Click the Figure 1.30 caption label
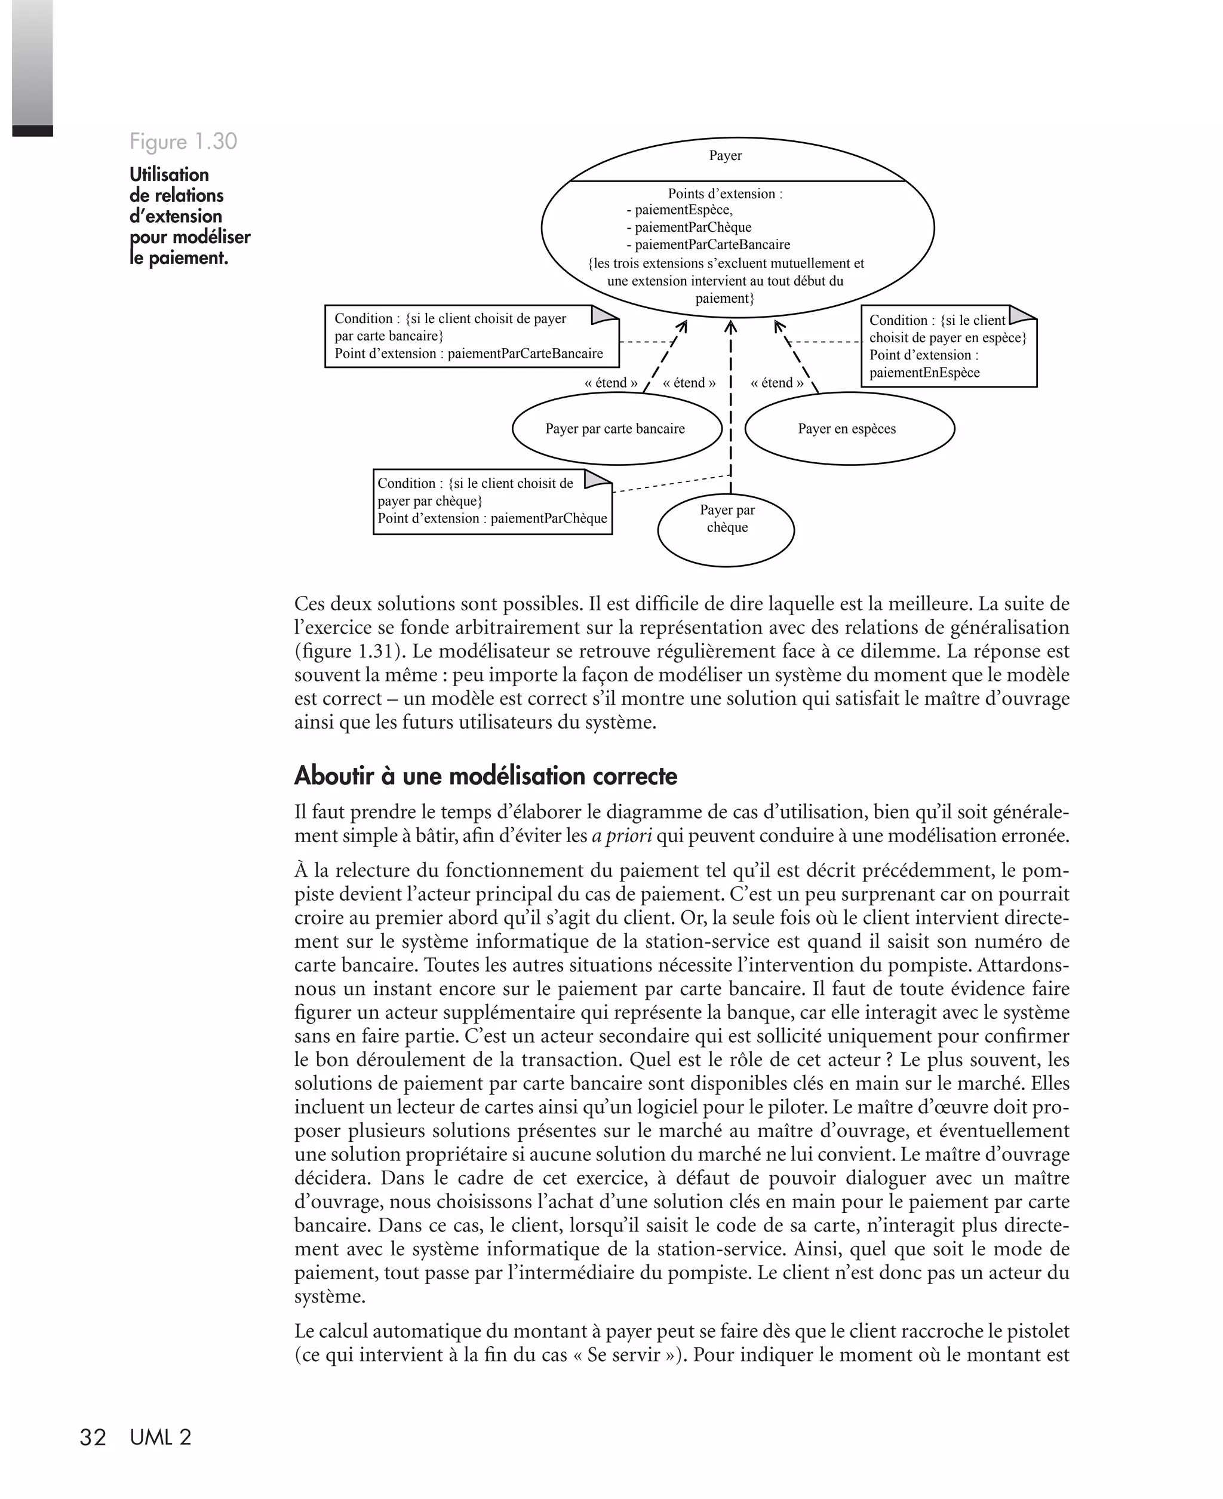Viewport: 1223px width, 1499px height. tap(183, 142)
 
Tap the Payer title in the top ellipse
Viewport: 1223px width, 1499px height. tap(725, 156)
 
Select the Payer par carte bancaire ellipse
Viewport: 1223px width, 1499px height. tap(616, 429)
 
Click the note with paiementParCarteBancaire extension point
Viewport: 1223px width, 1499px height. tap(471, 337)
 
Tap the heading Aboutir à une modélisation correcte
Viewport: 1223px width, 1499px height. tap(485, 776)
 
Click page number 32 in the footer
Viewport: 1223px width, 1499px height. tap(93, 1437)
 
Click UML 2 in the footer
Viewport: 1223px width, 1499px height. tap(161, 1437)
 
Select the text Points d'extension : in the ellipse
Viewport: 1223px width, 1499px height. tap(725, 193)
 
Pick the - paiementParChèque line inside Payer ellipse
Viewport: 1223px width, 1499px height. tap(689, 228)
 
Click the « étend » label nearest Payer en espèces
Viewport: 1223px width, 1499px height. tap(776, 383)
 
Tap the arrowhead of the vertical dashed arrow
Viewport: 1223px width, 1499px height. tap(730, 327)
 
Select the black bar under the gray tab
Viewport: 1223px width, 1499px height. tap(32, 131)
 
